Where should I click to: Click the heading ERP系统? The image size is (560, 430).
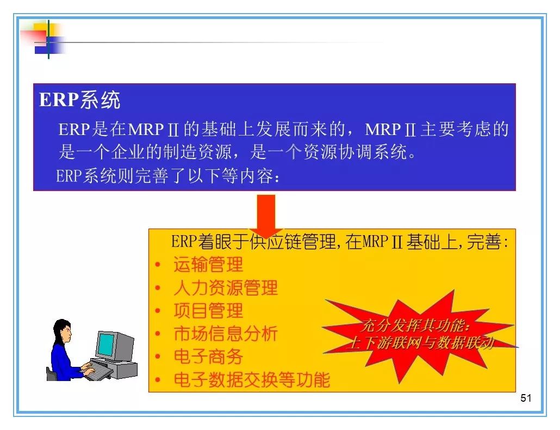[79, 100]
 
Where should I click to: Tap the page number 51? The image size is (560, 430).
[526, 398]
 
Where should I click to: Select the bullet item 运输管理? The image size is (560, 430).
[208, 265]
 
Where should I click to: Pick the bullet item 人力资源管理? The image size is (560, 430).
[225, 288]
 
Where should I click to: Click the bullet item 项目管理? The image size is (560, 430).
[208, 311]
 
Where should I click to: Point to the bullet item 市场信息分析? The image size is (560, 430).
[225, 334]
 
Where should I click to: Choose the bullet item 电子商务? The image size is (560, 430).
[208, 357]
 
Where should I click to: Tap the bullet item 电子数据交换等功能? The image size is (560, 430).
[251, 379]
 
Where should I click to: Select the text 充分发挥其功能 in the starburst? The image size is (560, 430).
[414, 325]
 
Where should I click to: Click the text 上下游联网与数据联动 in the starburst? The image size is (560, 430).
[421, 343]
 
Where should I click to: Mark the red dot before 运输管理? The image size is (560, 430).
[158, 265]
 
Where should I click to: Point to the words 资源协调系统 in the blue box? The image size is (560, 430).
[355, 152]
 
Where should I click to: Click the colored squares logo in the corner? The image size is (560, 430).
[45, 39]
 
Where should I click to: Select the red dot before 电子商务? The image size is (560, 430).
[158, 357]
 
